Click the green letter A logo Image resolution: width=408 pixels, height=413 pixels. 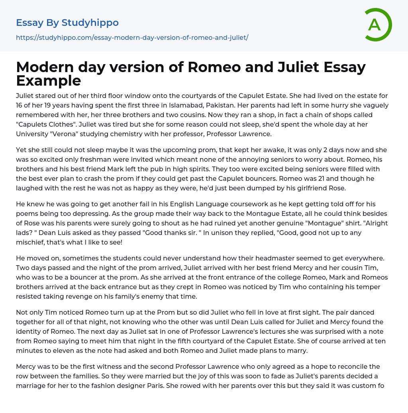(378, 25)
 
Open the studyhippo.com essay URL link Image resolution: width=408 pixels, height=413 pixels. (132, 37)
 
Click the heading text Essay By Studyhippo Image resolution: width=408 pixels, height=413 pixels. (67, 23)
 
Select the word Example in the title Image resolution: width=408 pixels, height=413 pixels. (49, 80)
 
